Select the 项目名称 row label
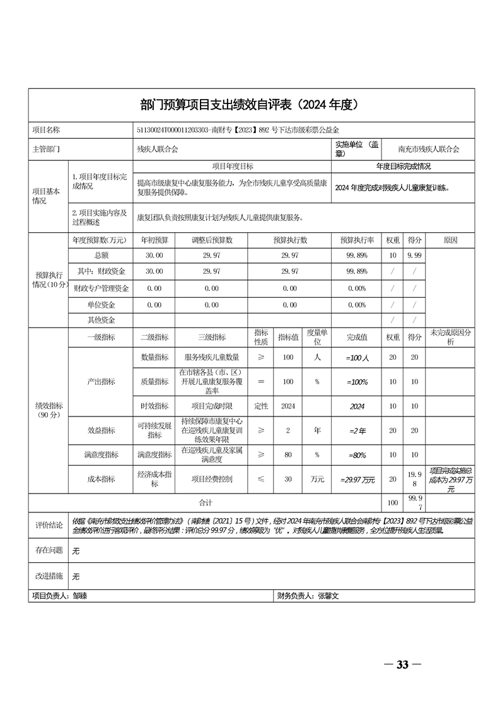click(46, 130)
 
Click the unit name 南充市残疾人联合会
click(429, 150)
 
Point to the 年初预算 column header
click(154, 240)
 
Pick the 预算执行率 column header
click(357, 240)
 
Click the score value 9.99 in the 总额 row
click(414, 255)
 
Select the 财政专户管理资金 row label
click(101, 288)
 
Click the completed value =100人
click(357, 358)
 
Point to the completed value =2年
click(357, 430)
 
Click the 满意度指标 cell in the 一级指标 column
click(101, 454)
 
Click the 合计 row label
click(206, 502)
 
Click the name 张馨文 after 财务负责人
click(328, 595)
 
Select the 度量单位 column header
click(318, 337)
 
